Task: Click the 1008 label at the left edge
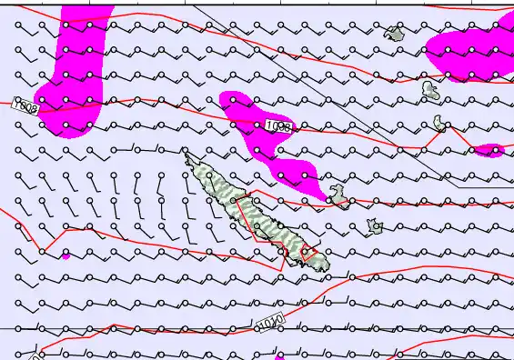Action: pos(25,108)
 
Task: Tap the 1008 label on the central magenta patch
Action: pos(277,127)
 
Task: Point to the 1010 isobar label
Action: pos(270,323)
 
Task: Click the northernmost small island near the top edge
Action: pos(394,35)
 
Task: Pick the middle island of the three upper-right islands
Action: pos(430,89)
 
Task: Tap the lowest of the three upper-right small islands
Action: pos(439,123)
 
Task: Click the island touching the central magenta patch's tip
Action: pos(338,195)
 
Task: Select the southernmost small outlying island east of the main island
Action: pos(374,225)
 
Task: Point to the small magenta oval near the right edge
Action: pos(489,150)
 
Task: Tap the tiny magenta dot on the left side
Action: pos(66,255)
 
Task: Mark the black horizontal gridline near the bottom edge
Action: pos(136,328)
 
